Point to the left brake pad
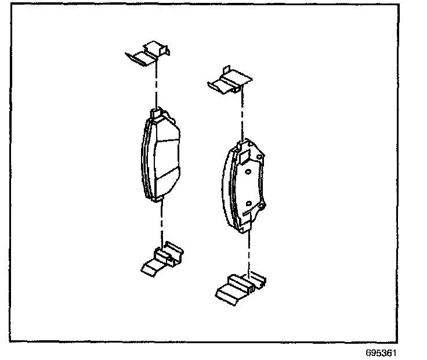(160, 155)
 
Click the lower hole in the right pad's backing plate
(249, 203)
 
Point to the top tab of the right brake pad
(244, 142)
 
